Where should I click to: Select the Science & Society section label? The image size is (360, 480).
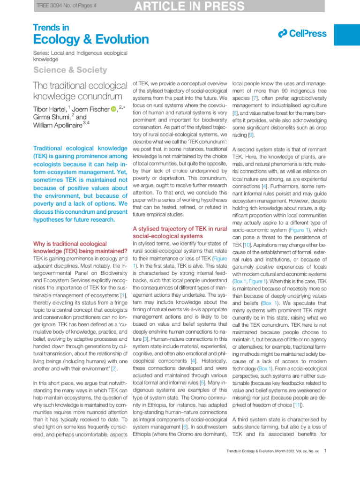point(70,70)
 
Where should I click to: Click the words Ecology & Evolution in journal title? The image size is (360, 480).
point(91,39)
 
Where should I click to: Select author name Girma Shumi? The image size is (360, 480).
point(51,118)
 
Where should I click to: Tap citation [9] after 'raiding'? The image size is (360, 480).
point(251,134)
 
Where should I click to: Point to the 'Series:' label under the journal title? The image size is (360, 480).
point(42,53)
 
